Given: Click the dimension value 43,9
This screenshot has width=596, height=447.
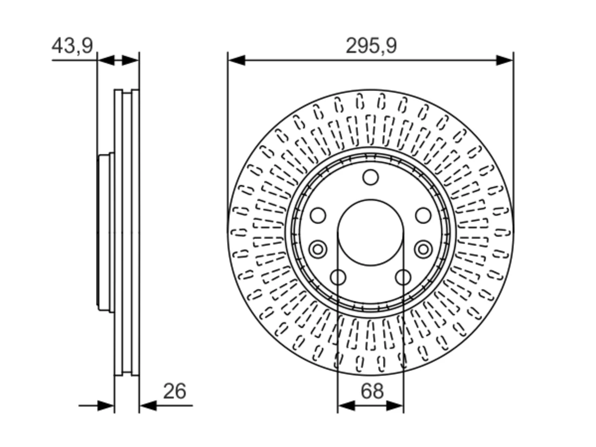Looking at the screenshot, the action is point(72,46).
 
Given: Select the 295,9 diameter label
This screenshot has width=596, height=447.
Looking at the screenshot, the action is point(371,46).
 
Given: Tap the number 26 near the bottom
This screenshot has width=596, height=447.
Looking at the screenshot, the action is point(175,391).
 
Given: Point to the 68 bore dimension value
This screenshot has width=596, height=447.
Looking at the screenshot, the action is point(372,391).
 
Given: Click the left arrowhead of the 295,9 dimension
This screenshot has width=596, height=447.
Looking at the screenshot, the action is point(237,60).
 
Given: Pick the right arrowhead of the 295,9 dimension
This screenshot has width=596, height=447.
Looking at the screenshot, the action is point(504,60).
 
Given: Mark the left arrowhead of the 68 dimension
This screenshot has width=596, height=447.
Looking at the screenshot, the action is point(346,406).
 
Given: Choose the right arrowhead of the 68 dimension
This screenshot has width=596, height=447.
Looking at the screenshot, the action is point(395,406).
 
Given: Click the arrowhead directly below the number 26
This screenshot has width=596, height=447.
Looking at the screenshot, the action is point(148,406).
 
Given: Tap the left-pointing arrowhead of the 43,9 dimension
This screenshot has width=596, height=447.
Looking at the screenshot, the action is point(106,60).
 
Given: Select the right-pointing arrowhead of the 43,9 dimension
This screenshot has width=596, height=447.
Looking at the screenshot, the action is point(130,60).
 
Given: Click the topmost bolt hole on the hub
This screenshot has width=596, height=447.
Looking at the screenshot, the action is point(370,177).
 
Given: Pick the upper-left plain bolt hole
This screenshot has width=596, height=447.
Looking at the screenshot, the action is point(318,216).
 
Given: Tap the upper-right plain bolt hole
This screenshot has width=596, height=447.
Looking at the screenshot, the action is point(423,216).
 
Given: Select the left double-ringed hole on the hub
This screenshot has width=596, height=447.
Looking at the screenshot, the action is point(318,249).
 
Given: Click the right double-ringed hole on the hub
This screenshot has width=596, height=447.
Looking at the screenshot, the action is point(423,249).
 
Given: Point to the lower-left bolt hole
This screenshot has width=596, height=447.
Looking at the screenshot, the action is point(338,278).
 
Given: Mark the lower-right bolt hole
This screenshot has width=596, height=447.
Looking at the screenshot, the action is point(403,278).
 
